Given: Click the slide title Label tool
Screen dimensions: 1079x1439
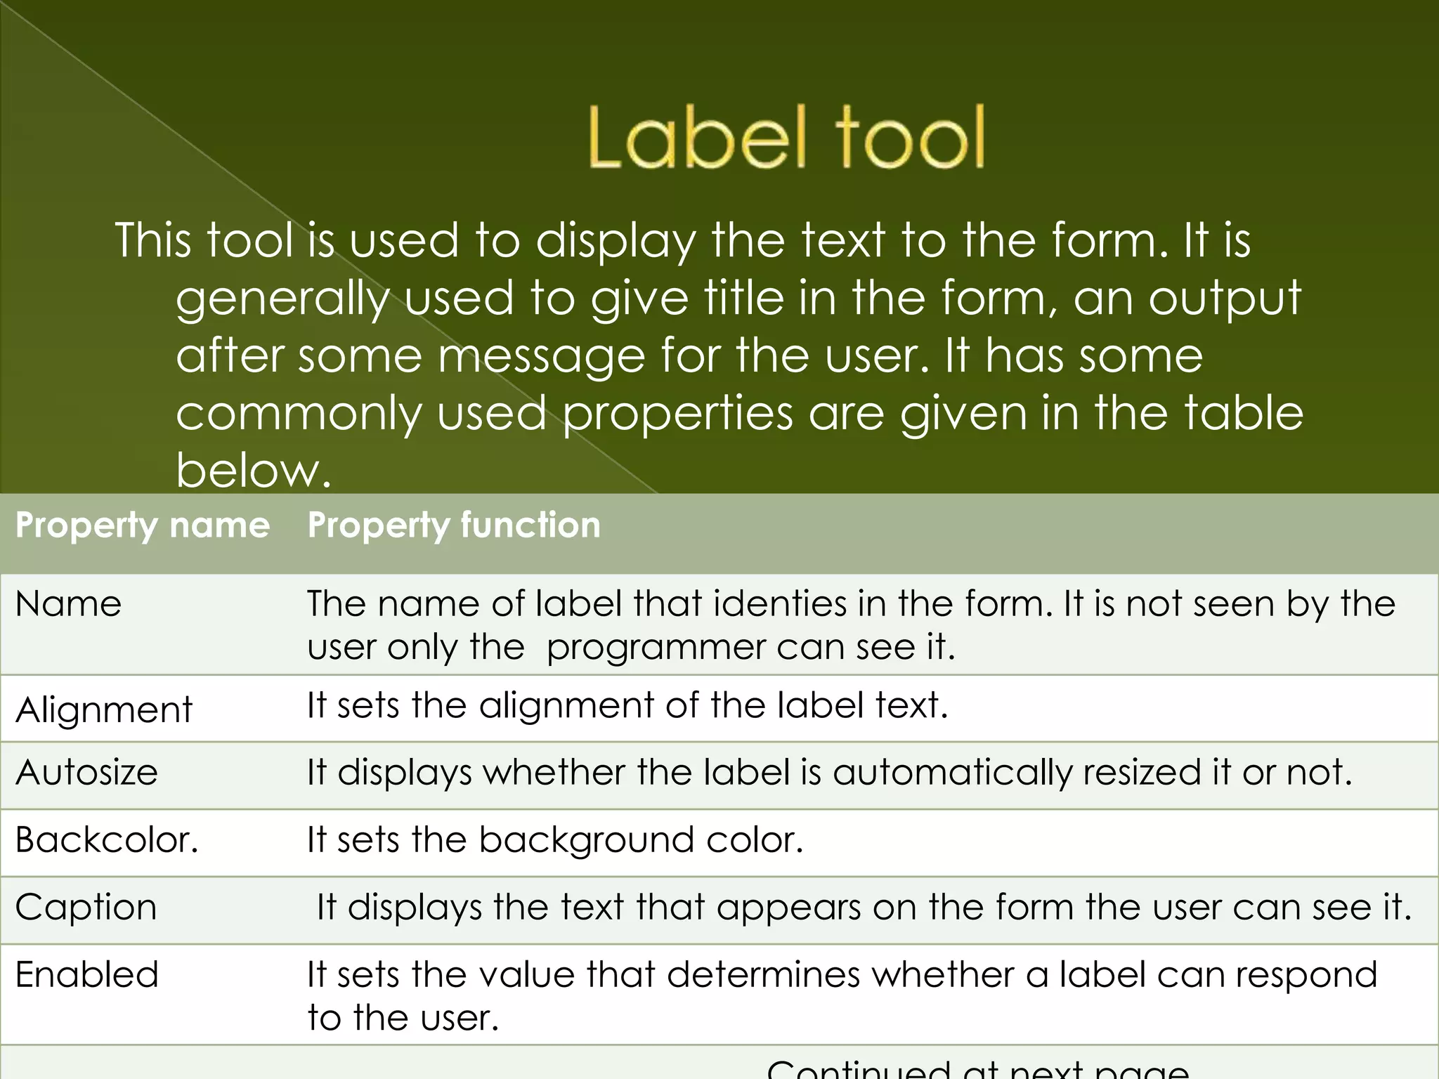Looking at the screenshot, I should pos(786,138).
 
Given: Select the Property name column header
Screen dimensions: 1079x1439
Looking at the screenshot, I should pos(143,525).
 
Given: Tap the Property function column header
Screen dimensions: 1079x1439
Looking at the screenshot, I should pos(454,525).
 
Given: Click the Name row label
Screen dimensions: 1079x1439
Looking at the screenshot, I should pos(68,604).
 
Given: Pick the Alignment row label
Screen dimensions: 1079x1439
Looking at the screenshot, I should pos(103,709).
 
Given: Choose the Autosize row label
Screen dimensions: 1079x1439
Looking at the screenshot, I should pos(86,773).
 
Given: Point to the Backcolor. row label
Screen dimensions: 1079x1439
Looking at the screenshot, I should pos(107,840).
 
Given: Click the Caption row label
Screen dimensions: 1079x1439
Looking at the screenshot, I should pos(86,908).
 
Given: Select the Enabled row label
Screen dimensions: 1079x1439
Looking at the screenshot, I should pos(87,975).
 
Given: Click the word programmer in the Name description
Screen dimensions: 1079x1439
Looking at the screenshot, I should pos(656,648).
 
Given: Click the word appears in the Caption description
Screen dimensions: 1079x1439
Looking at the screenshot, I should pos(789,908).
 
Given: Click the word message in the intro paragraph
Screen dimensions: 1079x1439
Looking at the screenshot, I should pos(541,357).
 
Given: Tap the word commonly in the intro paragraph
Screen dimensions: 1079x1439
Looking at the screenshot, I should pos(299,414).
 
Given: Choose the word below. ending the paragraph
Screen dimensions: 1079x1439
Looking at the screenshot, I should pos(253,471).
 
